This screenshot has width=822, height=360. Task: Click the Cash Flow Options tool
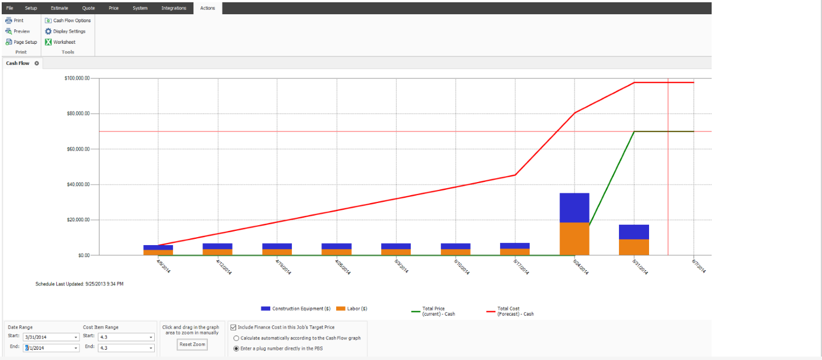(68, 20)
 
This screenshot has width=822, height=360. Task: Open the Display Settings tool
(65, 31)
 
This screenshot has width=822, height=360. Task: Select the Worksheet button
(60, 42)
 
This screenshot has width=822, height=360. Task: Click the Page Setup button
(21, 42)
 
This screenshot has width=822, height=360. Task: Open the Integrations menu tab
(174, 8)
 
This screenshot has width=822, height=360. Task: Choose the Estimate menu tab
(60, 8)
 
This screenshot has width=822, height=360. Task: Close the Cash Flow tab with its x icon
(37, 63)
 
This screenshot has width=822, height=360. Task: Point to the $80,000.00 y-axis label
(78, 113)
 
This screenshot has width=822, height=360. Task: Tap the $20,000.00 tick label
(78, 220)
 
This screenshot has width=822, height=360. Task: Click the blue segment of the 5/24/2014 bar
(575, 208)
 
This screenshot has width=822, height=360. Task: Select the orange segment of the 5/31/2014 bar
(634, 247)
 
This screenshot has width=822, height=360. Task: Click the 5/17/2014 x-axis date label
(521, 267)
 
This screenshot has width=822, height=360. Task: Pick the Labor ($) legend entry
(352, 309)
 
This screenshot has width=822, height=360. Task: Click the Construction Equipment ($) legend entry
(295, 309)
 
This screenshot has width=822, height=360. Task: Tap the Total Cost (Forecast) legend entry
(510, 311)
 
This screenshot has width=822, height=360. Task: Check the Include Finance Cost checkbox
(233, 328)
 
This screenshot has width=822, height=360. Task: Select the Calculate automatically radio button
(236, 338)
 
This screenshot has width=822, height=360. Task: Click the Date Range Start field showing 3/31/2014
(51, 337)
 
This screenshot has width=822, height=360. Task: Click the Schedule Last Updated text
(79, 284)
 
